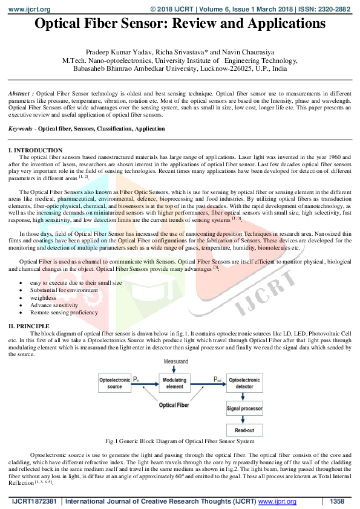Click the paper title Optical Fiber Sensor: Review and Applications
coord(180,24)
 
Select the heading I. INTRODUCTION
coord(34,150)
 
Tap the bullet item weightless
coord(43,298)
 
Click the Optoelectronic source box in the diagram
coord(114,383)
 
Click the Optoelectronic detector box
coord(244,383)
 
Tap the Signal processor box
coord(244,409)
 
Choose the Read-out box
coord(244,430)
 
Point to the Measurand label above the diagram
coord(175,360)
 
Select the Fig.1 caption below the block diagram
coord(180,441)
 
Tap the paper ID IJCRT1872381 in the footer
coord(34,502)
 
